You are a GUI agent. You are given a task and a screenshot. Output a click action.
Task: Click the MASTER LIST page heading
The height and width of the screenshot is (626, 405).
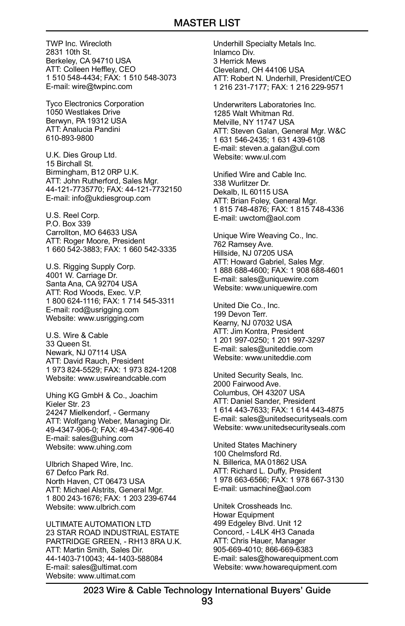point(207,23)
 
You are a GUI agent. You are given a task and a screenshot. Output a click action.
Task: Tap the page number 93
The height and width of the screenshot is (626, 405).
point(207,601)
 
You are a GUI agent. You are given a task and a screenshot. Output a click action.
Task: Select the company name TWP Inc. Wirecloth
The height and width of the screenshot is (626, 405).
point(79,44)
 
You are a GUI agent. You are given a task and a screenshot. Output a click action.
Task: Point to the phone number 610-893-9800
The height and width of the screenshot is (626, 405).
point(70,138)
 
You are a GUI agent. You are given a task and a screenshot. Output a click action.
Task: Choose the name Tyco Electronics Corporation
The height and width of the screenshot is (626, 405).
point(95,104)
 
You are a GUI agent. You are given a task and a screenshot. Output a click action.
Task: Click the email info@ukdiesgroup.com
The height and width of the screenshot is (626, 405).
point(111,198)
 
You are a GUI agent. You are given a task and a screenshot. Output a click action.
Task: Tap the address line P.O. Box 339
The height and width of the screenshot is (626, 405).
point(68,224)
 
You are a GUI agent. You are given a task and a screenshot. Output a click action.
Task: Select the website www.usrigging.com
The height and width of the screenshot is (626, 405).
point(111,318)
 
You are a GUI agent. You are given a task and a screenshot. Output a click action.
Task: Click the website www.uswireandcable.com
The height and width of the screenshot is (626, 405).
point(122,378)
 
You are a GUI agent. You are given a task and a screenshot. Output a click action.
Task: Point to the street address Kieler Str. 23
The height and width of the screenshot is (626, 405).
point(68,404)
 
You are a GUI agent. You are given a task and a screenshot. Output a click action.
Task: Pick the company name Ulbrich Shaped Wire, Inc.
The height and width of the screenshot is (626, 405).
point(89,464)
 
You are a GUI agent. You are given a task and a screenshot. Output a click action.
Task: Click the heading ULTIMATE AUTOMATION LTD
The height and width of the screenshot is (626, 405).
point(98,524)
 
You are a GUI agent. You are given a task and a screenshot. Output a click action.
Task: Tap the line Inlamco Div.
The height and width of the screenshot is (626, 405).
point(234,52)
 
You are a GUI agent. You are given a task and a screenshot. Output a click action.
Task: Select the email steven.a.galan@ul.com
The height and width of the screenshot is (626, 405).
point(279,148)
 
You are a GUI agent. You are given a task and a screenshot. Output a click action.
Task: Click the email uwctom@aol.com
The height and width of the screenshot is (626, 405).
point(270,218)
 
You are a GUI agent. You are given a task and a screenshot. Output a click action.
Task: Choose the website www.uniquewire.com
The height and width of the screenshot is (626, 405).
point(281,288)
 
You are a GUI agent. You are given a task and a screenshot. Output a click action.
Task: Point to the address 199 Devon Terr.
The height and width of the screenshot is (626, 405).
point(240,314)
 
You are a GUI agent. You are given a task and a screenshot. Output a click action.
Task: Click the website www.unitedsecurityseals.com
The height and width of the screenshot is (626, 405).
point(295,427)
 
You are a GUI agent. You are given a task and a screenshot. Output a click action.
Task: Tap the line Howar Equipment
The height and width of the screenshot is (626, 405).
point(244,515)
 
